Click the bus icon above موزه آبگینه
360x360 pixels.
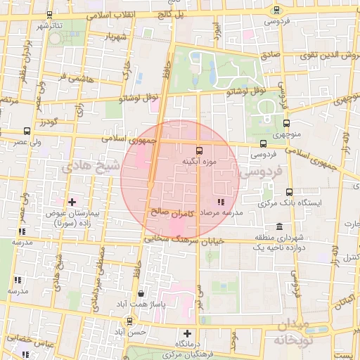coord(199,150)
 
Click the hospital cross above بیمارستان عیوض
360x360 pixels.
coord(71,202)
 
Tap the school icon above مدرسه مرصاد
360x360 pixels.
coord(222,202)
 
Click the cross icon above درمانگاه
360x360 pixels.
coord(187,334)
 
